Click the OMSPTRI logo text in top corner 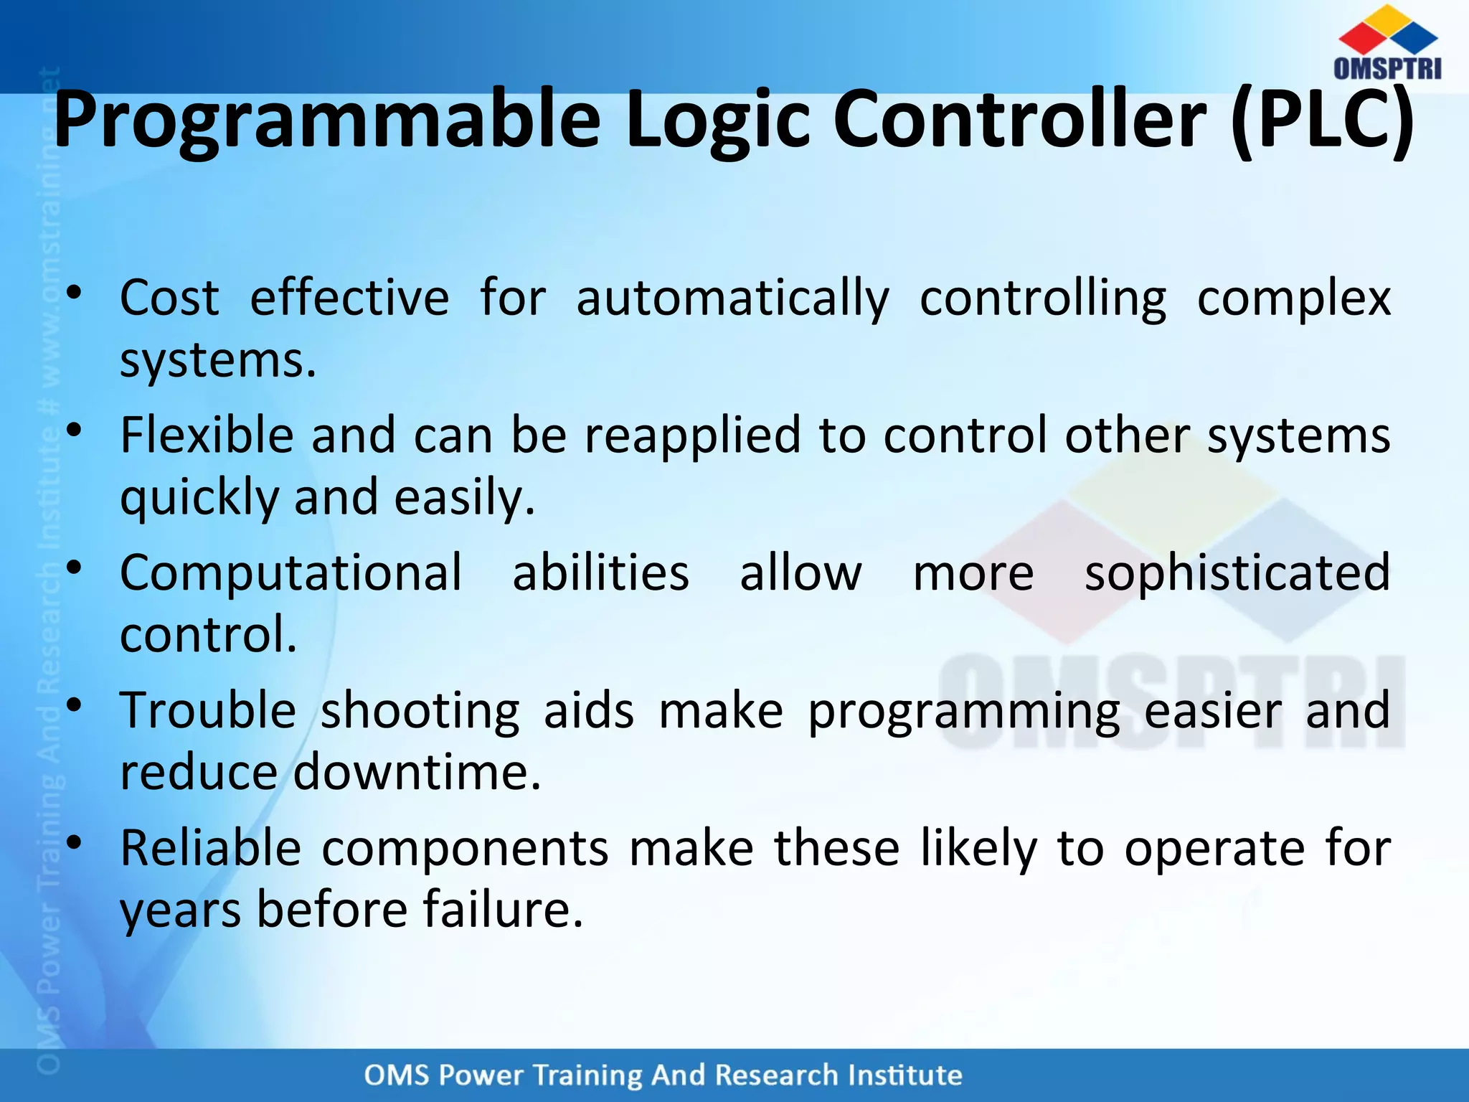[x=1387, y=68]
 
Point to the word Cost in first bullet [x=169, y=297]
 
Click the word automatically [x=732, y=298]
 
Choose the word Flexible [x=207, y=435]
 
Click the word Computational [x=291, y=573]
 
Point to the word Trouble [x=208, y=710]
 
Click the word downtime [x=417, y=772]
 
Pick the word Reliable [x=210, y=848]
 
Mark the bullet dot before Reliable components [x=74, y=844]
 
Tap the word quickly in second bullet [x=199, y=498]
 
